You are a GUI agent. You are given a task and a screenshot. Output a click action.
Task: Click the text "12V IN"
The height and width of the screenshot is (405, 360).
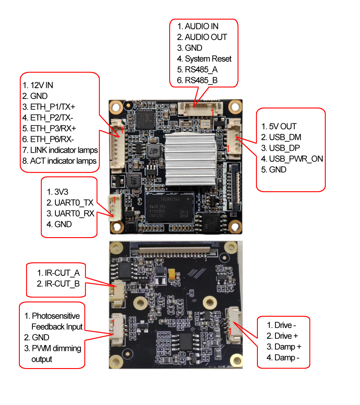pos(42,85)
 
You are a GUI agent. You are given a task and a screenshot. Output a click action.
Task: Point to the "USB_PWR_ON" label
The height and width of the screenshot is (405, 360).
pos(296,159)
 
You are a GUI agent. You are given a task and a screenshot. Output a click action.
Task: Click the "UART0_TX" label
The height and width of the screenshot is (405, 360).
pos(73,203)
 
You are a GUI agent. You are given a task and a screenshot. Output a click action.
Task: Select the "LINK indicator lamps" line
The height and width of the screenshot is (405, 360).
pos(64,150)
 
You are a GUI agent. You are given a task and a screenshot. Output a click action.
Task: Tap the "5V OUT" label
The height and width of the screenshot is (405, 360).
pos(283,126)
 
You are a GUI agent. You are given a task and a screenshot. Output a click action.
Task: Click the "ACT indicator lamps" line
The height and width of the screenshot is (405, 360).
pos(63,161)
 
